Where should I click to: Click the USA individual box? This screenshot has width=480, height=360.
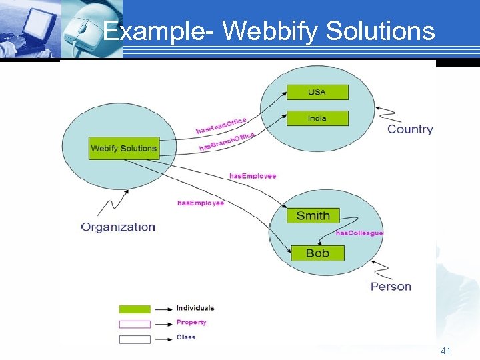click(317, 92)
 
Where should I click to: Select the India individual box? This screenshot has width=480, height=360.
click(317, 118)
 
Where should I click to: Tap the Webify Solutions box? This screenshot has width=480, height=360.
click(123, 148)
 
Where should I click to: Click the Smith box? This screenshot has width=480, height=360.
click(313, 215)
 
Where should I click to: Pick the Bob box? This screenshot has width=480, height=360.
click(317, 253)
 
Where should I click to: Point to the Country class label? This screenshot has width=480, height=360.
click(410, 129)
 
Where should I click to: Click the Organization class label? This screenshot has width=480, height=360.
click(118, 227)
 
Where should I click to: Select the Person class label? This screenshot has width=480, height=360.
click(391, 287)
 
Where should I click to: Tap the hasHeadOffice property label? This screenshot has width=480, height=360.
click(221, 125)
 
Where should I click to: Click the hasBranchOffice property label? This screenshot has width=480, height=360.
click(227, 141)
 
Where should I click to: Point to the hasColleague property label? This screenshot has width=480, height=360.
click(359, 233)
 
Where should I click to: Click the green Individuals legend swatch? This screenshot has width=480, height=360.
click(135, 309)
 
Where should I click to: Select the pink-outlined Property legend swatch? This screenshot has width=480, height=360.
click(135, 324)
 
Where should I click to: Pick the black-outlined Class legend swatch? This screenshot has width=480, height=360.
click(135, 339)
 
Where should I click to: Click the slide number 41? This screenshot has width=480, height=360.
click(446, 351)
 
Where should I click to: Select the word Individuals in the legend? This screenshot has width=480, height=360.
click(195, 308)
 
